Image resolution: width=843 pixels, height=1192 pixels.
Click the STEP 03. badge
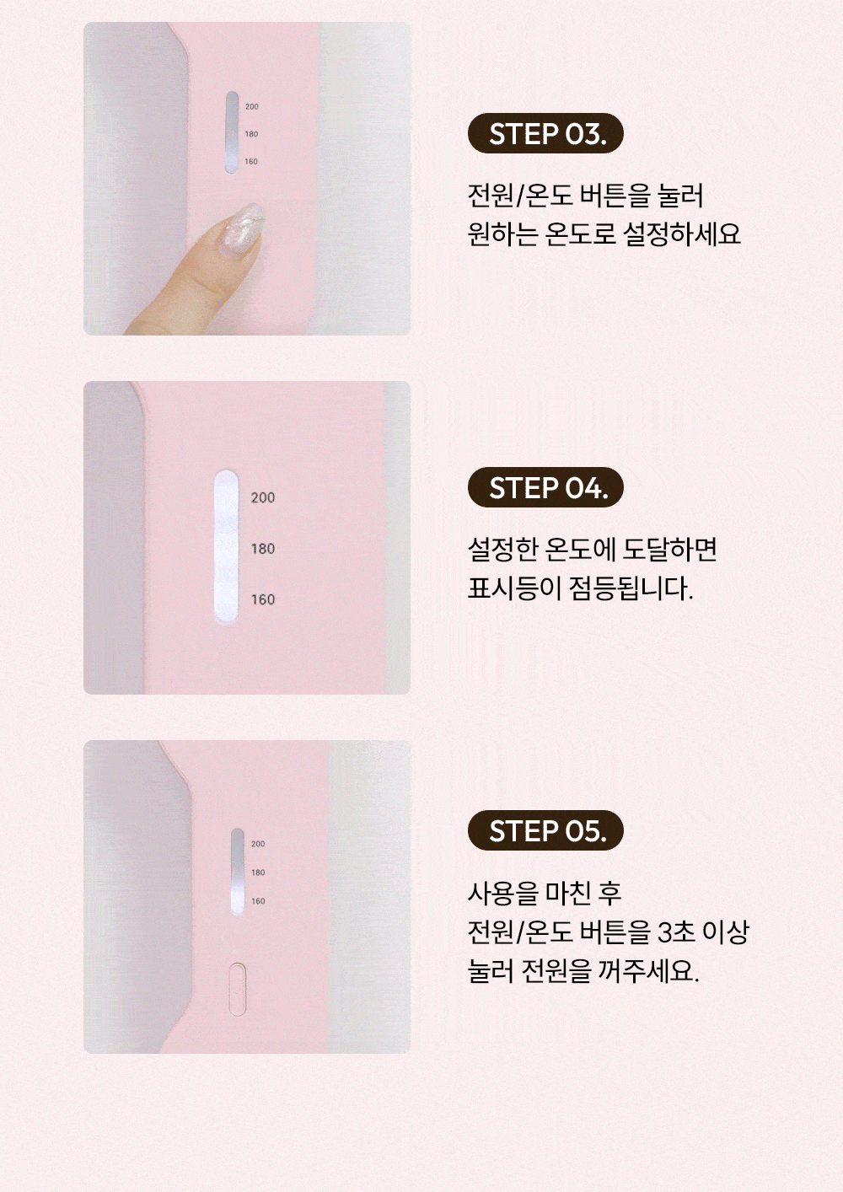545,133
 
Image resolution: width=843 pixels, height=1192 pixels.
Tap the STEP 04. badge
545,487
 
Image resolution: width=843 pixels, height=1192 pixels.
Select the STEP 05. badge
545,830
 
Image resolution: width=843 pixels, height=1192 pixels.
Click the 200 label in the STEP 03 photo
252,106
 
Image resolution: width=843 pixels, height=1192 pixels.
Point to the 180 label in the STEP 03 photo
252,134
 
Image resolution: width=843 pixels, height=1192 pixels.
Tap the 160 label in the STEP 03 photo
252,162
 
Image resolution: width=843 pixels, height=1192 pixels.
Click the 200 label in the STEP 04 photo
263,497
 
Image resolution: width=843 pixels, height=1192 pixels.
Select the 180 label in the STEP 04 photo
263,549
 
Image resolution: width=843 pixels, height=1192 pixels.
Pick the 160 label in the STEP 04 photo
263,599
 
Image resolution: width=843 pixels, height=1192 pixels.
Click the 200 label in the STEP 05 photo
258,844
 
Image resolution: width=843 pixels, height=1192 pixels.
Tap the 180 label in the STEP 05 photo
258,873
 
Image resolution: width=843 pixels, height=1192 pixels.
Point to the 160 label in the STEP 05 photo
258,901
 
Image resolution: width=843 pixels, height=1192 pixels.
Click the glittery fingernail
242,228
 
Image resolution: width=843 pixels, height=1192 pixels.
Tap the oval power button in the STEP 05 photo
238,989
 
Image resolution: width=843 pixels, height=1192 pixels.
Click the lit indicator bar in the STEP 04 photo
226,546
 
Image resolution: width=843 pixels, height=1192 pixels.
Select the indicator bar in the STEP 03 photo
232,132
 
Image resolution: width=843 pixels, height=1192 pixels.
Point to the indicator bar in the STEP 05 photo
238,872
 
